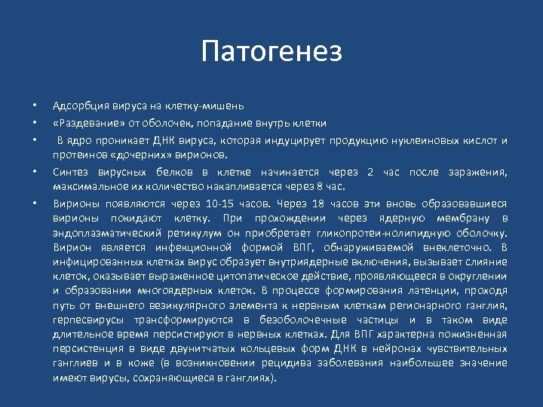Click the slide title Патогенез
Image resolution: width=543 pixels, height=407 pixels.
click(x=271, y=52)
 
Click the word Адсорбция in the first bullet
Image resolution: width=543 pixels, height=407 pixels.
click(x=76, y=106)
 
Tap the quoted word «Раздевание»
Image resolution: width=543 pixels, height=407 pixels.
click(x=82, y=123)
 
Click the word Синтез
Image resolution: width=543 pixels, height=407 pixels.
click(x=69, y=171)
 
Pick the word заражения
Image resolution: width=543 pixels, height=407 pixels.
click(x=481, y=171)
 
